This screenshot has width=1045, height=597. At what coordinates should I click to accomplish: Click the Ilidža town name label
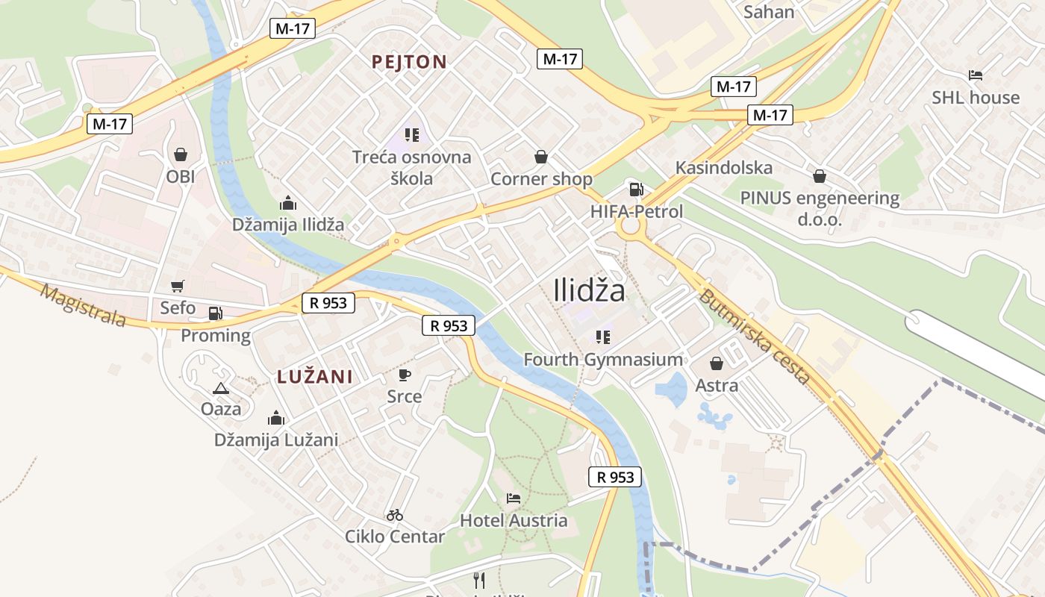coord(590,290)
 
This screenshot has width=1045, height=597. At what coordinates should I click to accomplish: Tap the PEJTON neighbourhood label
coord(409,62)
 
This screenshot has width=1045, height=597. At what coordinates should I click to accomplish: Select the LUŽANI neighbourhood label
coord(315,377)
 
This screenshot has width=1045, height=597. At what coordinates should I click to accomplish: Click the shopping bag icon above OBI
coord(180,154)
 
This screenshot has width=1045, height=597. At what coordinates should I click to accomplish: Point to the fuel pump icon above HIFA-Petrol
coord(636,190)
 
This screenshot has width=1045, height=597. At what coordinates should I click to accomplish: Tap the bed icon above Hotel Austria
coord(513,498)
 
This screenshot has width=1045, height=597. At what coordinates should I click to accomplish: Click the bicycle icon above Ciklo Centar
coord(395,514)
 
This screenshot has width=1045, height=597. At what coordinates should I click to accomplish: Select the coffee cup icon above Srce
coord(405,375)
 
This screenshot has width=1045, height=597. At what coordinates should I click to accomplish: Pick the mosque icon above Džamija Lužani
coord(276,418)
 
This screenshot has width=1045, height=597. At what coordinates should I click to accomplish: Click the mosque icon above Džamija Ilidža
coord(287,202)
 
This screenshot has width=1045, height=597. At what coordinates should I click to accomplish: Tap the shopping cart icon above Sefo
coord(178,286)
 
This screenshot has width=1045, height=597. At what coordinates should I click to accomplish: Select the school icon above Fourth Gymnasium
coord(603,337)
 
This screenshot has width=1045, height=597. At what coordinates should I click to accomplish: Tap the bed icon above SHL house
coord(975,75)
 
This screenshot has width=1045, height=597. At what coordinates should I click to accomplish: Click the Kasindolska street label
coord(723,167)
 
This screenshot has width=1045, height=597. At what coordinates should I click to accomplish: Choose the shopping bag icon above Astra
coord(717,363)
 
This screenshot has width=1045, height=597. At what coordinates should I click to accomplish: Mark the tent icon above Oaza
coord(220,388)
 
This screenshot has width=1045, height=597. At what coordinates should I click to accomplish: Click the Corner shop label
coord(541,179)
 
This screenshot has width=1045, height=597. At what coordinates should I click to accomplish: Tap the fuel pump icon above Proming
coord(215,313)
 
